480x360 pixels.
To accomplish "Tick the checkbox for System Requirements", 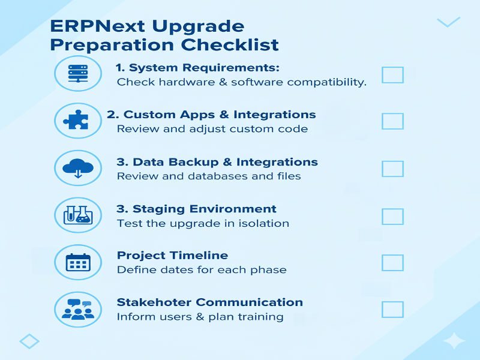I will pyautogui.click(x=392, y=75).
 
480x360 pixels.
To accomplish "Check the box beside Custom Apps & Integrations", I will pyautogui.click(x=392, y=121).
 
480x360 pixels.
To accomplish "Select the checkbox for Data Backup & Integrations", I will pyautogui.click(x=392, y=169).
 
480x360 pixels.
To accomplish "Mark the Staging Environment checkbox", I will pyautogui.click(x=392, y=216).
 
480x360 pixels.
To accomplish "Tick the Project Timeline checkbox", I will pyautogui.click(x=392, y=263).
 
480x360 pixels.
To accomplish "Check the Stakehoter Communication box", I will pyautogui.click(x=392, y=310).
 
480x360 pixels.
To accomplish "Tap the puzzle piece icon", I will pyautogui.click(x=77, y=120).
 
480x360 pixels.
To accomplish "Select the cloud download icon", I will pyautogui.click(x=77, y=167).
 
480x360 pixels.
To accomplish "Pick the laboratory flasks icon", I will pyautogui.click(x=77, y=215).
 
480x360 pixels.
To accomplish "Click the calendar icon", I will pyautogui.click(x=77, y=262).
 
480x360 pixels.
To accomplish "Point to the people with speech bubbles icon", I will pyautogui.click(x=77, y=309).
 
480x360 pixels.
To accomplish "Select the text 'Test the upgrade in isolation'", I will pyautogui.click(x=203, y=223).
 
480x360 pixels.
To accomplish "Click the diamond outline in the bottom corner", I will pyautogui.click(x=29, y=341).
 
